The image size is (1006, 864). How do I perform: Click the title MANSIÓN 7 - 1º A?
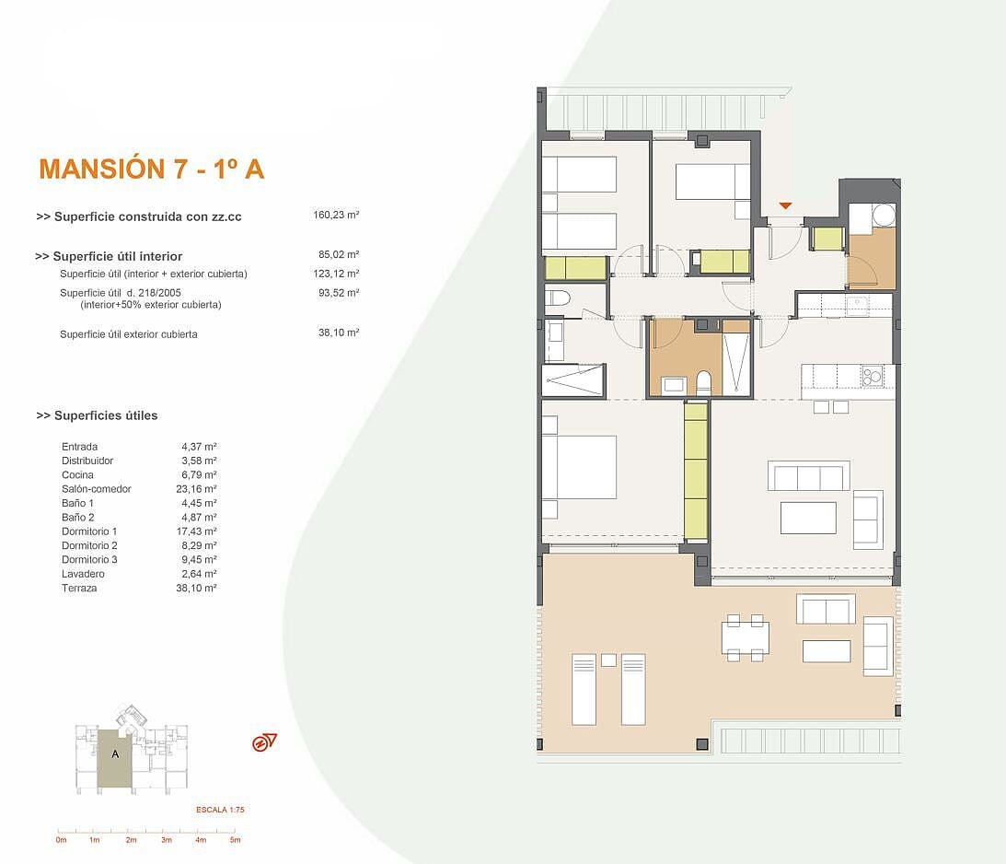point(152,169)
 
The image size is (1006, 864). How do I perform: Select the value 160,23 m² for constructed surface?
point(336,215)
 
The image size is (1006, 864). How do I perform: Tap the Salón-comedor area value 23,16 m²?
point(196,489)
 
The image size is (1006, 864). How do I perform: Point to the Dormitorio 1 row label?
point(89,531)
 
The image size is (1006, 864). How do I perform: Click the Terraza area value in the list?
point(196,588)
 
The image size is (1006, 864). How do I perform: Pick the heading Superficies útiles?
point(97,416)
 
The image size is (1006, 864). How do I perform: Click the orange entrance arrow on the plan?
point(785,205)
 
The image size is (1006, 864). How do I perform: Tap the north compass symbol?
point(263,742)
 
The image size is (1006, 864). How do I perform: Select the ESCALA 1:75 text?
point(220,810)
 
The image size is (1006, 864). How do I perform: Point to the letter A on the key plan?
point(115,754)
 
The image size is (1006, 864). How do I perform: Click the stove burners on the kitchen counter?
point(873,376)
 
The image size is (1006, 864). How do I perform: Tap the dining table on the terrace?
point(745,637)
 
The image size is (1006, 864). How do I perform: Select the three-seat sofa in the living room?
point(809,475)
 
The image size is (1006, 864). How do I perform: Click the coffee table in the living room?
point(808,518)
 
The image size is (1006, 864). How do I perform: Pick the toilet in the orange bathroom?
point(704,382)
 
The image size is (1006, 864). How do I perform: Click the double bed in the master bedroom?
point(579,467)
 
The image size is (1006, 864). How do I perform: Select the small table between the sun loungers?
point(609,660)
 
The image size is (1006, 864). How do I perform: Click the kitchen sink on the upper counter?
point(857,305)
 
